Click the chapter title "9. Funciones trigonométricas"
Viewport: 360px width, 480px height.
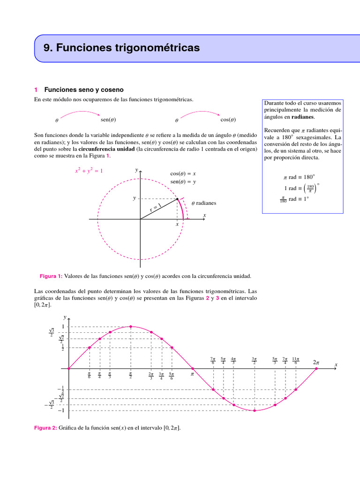pos(121,48)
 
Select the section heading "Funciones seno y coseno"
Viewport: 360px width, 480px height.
pos(84,90)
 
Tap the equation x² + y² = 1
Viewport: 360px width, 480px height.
pos(89,171)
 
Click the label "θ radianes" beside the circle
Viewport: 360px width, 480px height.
pos(204,203)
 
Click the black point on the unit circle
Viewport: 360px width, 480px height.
pos(177,199)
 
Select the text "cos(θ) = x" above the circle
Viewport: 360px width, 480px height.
pos(183,173)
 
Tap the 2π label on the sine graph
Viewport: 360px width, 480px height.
pos(316,362)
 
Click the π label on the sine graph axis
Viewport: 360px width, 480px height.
pos(192,375)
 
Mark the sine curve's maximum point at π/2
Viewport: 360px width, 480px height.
pos(130,327)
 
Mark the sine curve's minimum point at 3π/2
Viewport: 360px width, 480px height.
pos(255,411)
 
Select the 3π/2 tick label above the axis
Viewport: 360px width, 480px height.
pos(255,360)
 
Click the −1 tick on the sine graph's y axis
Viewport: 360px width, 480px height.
pos(61,411)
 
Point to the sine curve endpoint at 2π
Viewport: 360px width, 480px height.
pos(316,368)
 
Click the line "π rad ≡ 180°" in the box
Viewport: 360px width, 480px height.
pos(299,177)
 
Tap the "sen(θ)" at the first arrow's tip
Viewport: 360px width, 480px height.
pos(108,120)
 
